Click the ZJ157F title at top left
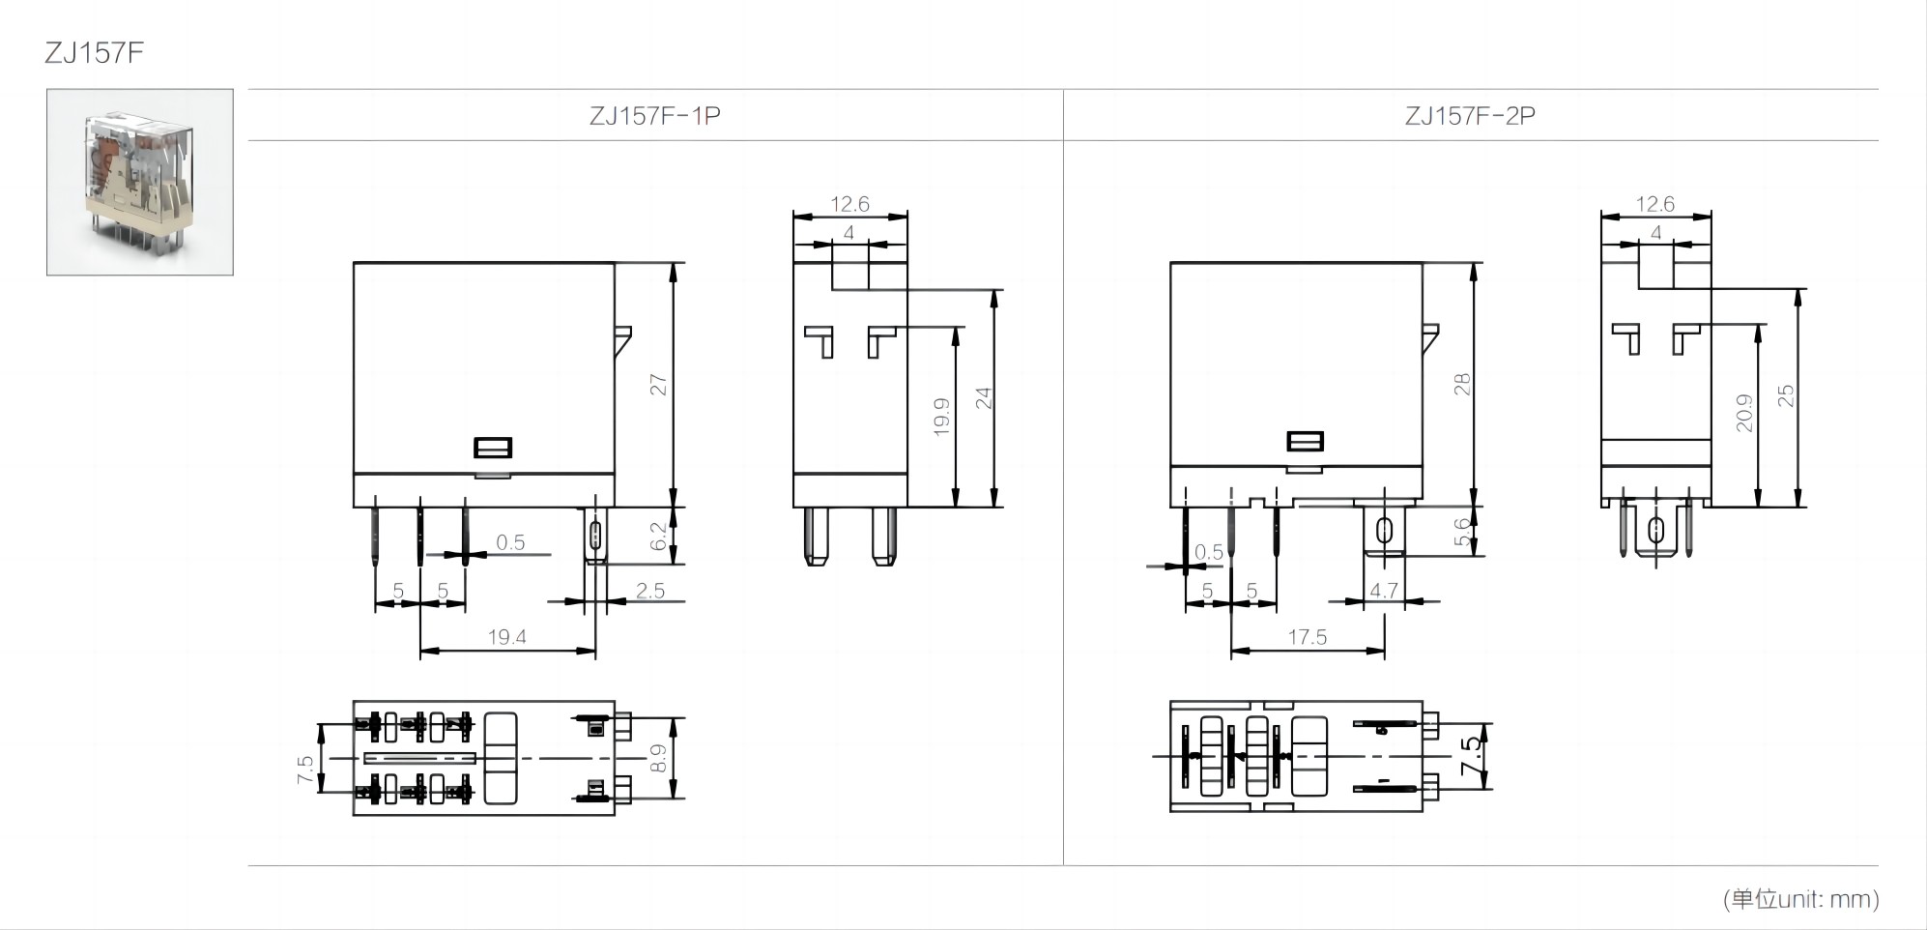pos(94,52)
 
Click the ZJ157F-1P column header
pos(654,116)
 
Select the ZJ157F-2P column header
pos(1469,116)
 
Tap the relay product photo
pos(140,182)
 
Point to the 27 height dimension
pos(658,385)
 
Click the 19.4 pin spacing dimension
pos(506,637)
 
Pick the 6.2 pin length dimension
pos(658,537)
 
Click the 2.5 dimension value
pos(649,591)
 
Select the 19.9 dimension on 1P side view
pos(941,417)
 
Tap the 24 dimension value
pos(983,397)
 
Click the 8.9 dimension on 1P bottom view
pos(658,758)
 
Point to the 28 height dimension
pos(1461,385)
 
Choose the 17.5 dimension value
pos(1307,637)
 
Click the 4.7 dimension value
pos(1383,591)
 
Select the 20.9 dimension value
pos(1743,413)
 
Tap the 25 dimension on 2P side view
pos(1785,395)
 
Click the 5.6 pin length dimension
pos(1462,533)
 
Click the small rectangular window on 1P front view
pos(493,448)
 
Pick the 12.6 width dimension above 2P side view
pos(1654,204)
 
